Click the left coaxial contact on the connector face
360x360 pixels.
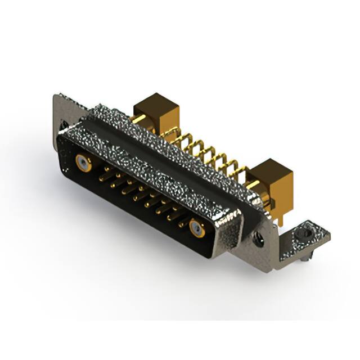coord(83,163)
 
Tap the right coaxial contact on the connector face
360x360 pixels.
coord(196,228)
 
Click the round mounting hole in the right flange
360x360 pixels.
coord(261,238)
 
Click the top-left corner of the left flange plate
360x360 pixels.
coord(56,95)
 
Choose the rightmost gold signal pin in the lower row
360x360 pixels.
coord(181,224)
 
